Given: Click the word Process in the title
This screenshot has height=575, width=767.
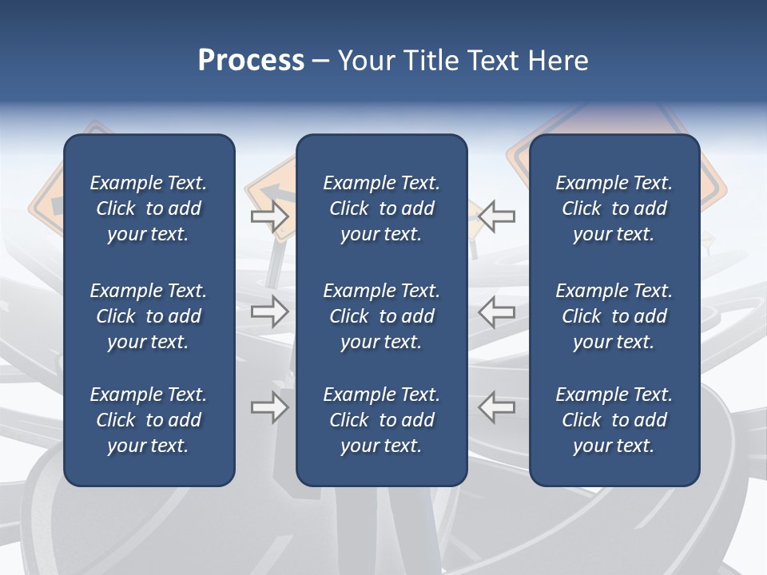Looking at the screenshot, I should [251, 61].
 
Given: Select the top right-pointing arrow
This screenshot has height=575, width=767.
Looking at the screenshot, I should [269, 216].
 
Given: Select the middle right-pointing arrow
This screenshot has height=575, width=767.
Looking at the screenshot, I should [269, 311].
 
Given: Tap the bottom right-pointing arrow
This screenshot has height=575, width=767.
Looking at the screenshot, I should [269, 408].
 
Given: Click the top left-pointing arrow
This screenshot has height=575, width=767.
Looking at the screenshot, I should [497, 216].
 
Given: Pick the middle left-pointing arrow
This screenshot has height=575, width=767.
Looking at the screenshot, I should [497, 311].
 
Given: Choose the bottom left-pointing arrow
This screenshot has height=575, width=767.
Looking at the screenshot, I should [497, 406].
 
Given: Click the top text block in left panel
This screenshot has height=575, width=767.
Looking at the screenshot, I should [149, 208].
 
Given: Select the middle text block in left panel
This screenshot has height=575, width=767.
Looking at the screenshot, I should [149, 316].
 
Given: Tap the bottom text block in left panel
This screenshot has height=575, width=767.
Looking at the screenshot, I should [149, 420].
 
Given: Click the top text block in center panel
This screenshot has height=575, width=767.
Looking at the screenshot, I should [381, 208].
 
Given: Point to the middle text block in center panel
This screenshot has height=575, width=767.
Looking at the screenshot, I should [381, 316].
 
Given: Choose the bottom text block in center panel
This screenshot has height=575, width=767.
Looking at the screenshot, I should [381, 420].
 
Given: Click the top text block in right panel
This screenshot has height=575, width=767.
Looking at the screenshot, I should [614, 208].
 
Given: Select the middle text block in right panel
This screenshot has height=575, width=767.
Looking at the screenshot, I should [614, 316].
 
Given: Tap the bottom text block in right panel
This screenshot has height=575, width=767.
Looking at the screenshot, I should [614, 420].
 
